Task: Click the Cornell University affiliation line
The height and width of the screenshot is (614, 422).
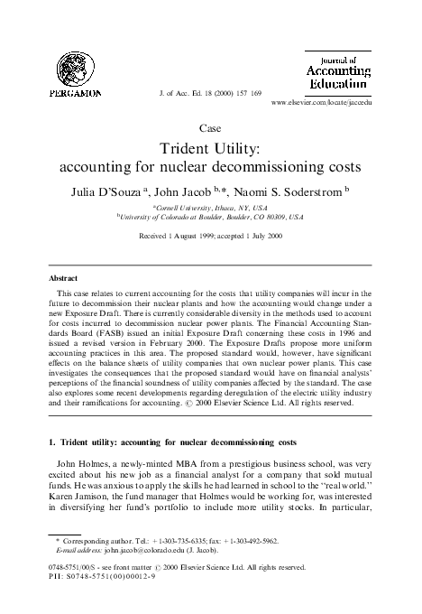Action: (x=210, y=207)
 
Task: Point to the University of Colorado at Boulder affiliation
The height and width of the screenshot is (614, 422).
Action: (x=210, y=218)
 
